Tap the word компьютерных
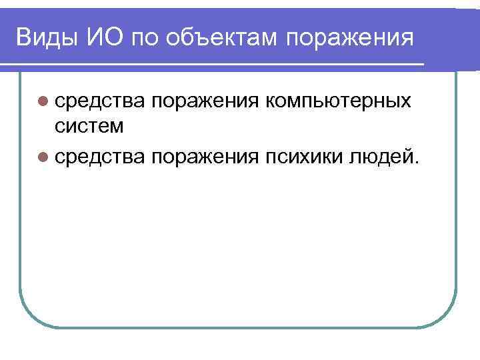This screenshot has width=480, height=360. pos(337,102)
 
